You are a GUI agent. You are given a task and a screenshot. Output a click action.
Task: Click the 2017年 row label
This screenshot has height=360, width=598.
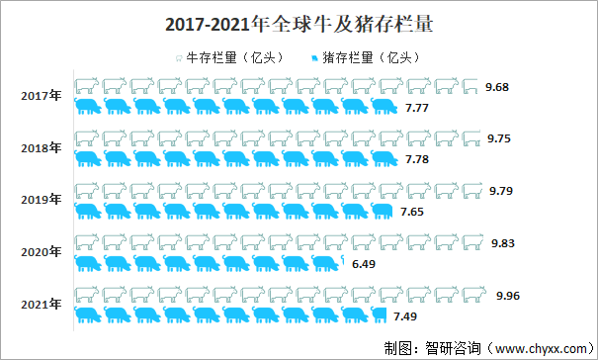coord(41,96)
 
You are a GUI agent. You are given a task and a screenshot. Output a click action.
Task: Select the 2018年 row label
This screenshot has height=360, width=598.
coord(41,148)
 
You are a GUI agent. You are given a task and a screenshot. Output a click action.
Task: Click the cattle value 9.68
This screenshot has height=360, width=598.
coord(498,87)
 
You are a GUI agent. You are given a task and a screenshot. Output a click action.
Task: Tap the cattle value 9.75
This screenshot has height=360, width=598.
coord(499,139)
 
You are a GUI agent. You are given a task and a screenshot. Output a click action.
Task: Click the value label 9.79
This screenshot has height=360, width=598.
coord(503,191)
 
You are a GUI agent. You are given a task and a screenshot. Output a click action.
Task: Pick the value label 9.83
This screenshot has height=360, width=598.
coord(505,243)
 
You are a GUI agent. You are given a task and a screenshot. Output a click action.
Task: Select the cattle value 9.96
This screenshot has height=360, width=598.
coord(508,296)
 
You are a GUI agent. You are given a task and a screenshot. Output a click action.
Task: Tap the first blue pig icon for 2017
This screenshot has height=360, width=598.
coord(87,106)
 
